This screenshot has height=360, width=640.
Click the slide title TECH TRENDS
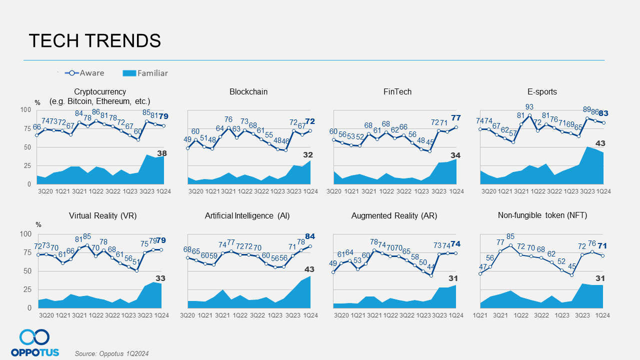pyautogui.click(x=95, y=40)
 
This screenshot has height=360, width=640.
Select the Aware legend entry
pyautogui.click(x=84, y=73)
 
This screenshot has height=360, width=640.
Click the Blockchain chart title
pyautogui.click(x=248, y=92)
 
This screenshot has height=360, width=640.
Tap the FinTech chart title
pyautogui.click(x=397, y=92)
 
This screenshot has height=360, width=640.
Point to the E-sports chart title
pyautogui.click(x=542, y=92)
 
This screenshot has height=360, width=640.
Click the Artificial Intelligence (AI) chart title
pyautogui.click(x=247, y=216)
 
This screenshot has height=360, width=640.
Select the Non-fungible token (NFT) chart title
pyautogui.click(x=542, y=216)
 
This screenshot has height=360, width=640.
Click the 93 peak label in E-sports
pyautogui.click(x=529, y=107)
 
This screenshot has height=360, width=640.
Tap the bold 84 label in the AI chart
pyautogui.click(x=310, y=236)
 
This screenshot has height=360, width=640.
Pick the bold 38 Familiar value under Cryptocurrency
pyautogui.click(x=162, y=153)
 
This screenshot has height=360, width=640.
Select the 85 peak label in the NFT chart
pyautogui.click(x=510, y=236)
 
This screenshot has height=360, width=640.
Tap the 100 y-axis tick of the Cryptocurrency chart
pyautogui.click(x=25, y=110)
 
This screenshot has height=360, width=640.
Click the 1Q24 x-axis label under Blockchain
pyautogui.click(x=310, y=191)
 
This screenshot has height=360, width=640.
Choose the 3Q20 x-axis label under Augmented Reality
pyautogui.click(x=341, y=315)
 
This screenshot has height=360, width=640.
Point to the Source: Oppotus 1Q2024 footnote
pyautogui.click(x=112, y=353)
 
